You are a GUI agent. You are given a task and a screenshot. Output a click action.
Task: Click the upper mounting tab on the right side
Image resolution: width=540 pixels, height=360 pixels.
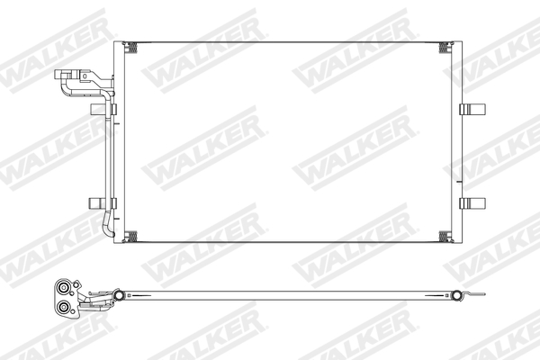pos(472,110)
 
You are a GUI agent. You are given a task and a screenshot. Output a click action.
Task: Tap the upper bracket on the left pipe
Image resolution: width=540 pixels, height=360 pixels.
pos(98,110)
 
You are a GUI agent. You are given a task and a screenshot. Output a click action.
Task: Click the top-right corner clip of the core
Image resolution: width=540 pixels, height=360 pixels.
pos(444,47)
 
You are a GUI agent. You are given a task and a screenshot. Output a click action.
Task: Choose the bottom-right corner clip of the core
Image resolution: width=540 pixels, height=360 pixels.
pos(444,238)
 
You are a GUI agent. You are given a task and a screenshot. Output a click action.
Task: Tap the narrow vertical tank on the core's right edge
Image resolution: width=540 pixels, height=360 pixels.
pos(456,144)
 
